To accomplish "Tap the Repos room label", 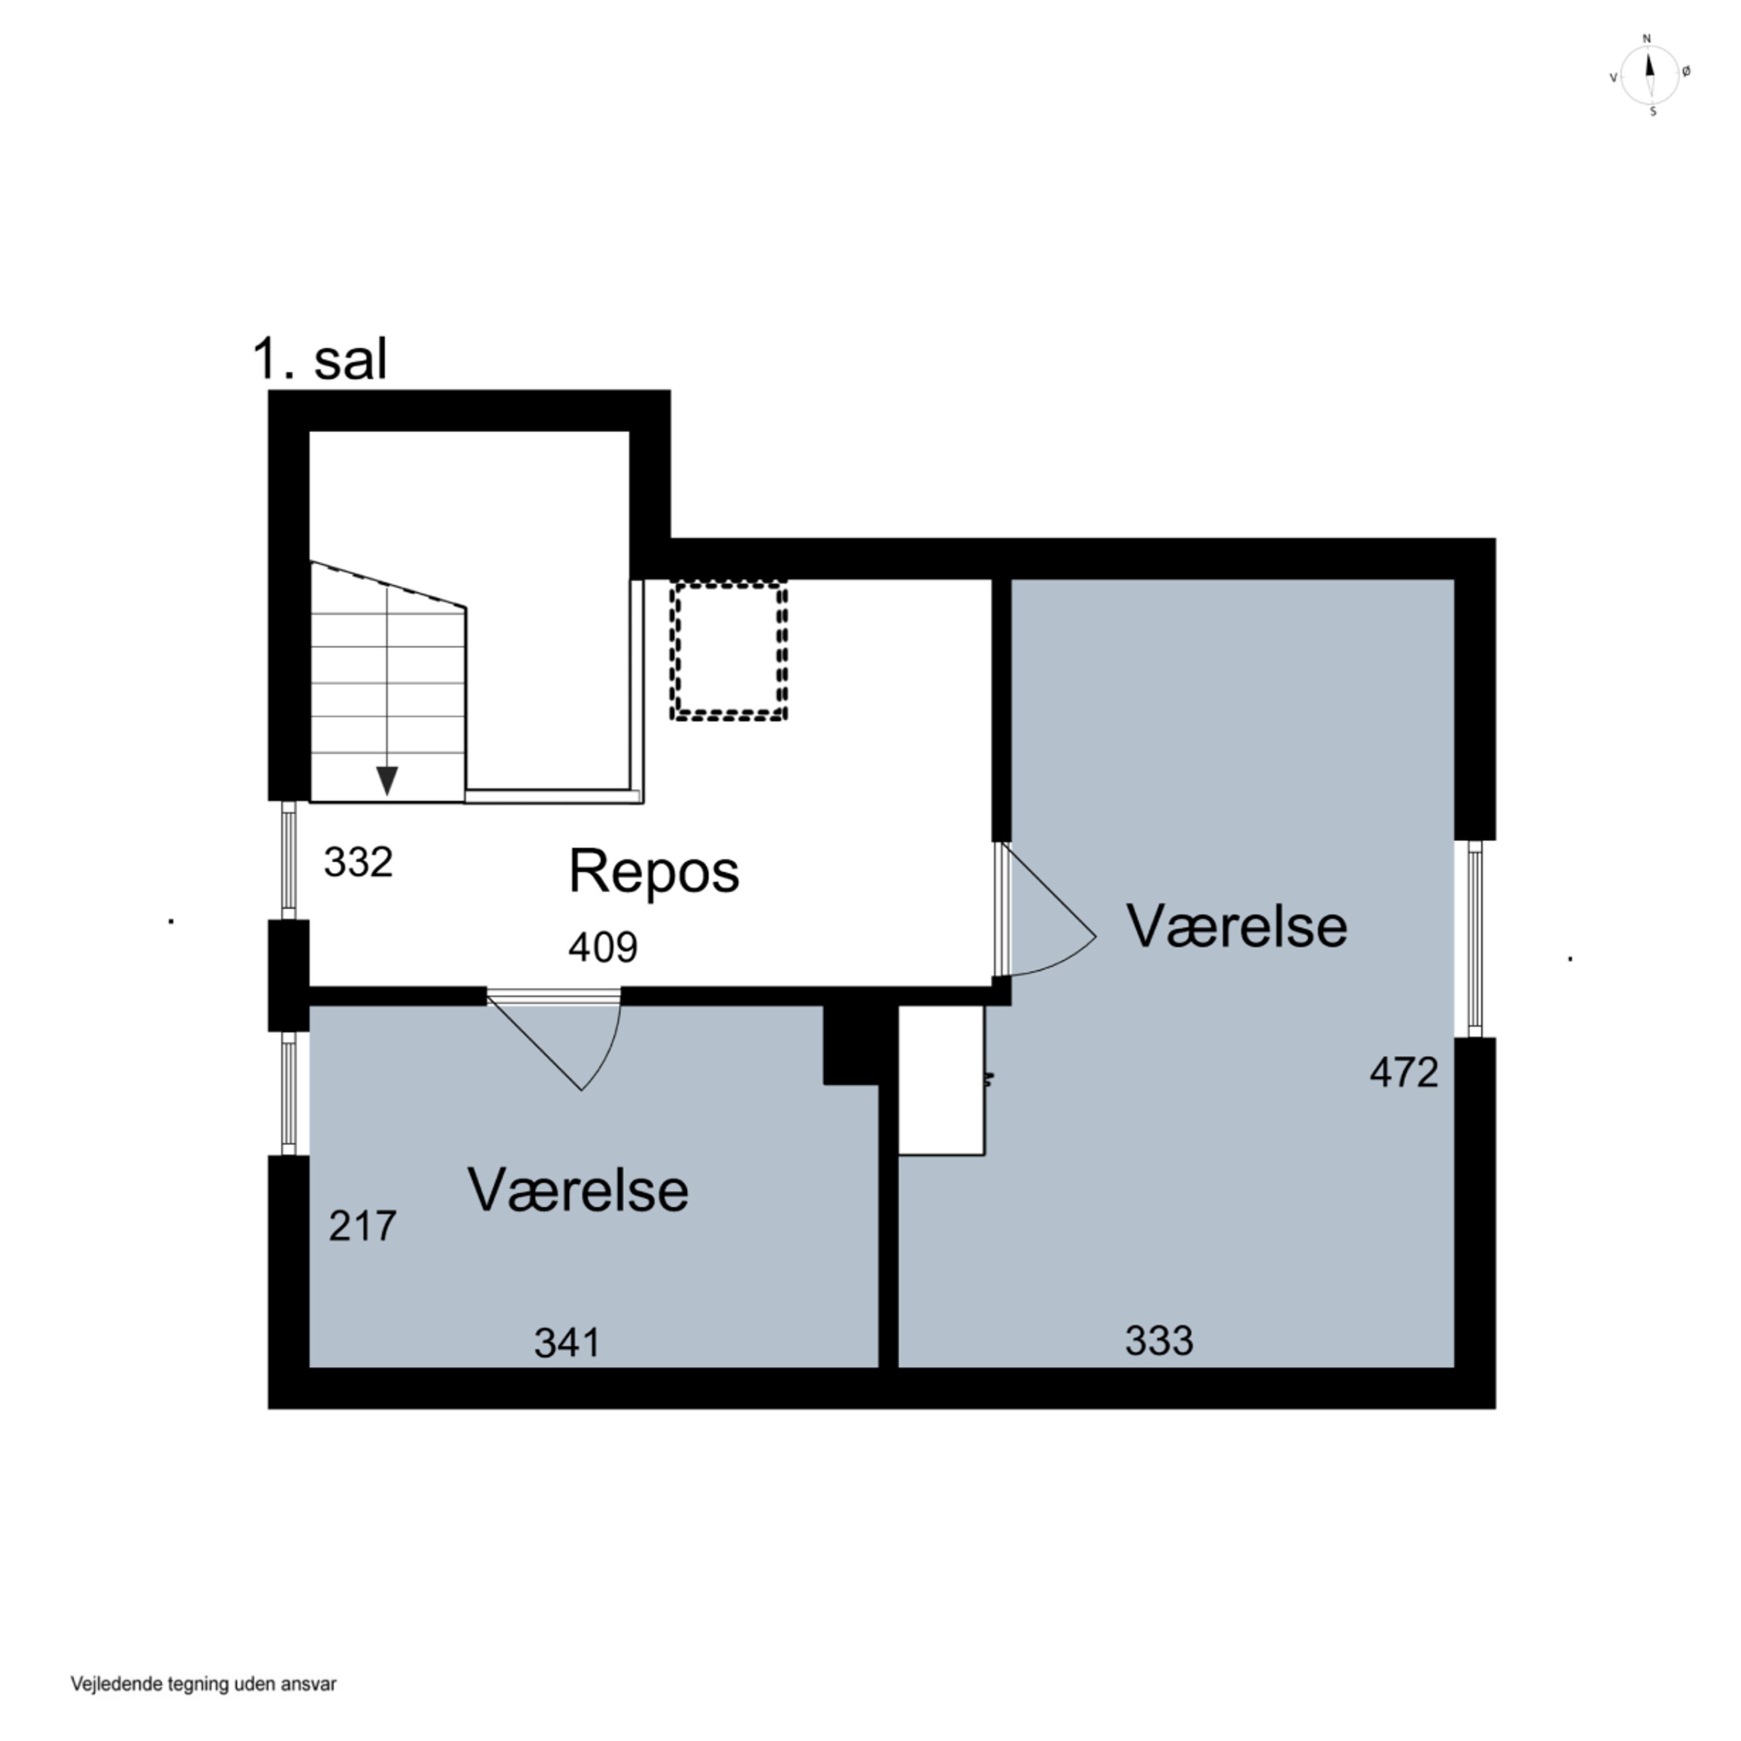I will tap(653, 872).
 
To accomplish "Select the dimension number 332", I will tap(357, 862).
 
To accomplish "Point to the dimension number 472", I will tap(1403, 1072).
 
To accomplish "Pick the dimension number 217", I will tap(362, 1226).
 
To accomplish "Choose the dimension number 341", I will tap(567, 1343).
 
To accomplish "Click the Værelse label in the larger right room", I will tap(1236, 926).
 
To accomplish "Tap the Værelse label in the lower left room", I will tap(577, 1190).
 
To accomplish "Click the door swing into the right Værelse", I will tap(1045, 919).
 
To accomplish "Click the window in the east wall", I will tap(1474, 938).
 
